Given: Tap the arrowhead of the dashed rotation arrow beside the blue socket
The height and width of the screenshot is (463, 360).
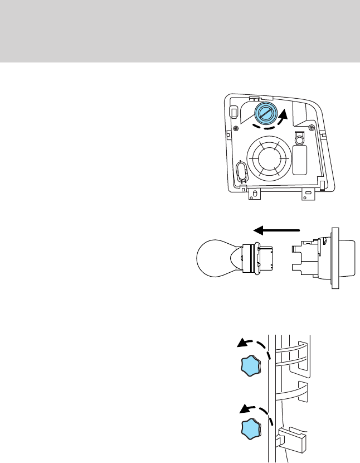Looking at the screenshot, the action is (285, 115).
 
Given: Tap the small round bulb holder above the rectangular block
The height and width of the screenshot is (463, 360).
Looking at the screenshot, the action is (300, 140).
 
